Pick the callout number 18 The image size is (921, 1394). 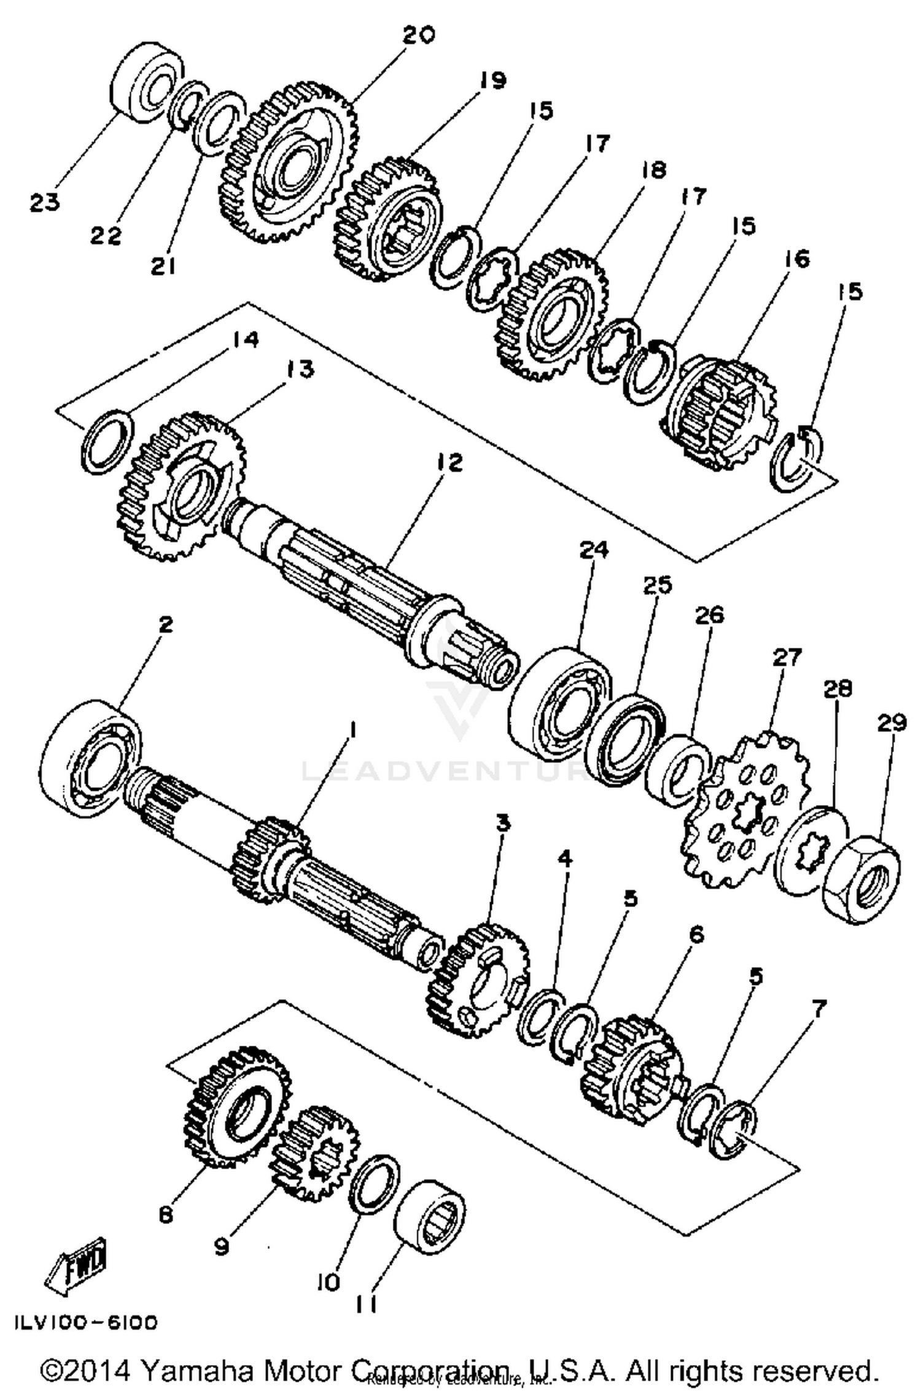pyautogui.click(x=654, y=169)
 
